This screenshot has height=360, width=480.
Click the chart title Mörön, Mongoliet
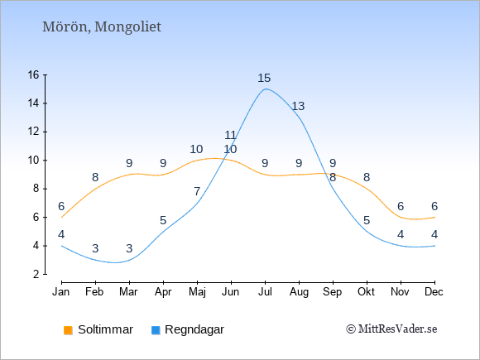102,27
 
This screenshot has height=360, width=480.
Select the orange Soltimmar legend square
68,330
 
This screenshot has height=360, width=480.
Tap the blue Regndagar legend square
156,330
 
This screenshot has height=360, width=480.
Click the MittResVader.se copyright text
391,329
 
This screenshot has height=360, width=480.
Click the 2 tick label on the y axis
36,274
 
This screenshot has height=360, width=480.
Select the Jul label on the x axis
265,292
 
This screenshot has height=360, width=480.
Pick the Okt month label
366,292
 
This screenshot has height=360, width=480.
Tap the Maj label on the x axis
197,292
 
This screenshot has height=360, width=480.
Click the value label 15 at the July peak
264,78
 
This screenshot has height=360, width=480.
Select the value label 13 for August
298,106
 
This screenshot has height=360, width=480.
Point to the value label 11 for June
230,135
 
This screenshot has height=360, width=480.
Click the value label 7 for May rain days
197,192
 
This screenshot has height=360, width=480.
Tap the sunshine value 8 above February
95,177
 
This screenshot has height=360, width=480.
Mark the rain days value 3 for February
95,248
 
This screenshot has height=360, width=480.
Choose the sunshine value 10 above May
196,150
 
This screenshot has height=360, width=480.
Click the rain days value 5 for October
367,220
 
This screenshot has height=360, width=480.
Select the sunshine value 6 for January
61,206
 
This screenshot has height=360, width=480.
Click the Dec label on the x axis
434,292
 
